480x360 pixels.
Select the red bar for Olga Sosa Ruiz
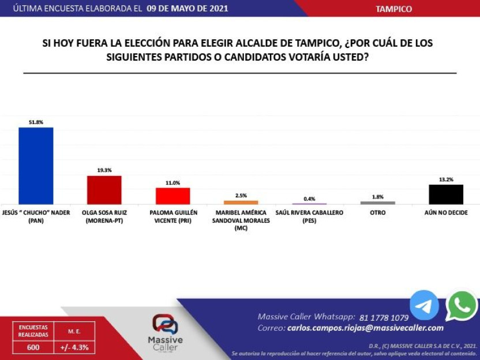click(104, 190)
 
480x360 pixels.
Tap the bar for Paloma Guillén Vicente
click(172, 196)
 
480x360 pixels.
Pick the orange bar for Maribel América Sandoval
click(241, 202)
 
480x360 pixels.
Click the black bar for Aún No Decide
click(446, 194)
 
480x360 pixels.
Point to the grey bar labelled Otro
click(377, 202)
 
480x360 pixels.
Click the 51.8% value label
click(36, 122)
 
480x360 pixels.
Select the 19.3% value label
click(104, 171)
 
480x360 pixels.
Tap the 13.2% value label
click(446, 179)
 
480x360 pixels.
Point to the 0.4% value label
click(309, 198)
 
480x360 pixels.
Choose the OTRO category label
click(377, 213)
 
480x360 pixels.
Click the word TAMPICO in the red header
click(393, 9)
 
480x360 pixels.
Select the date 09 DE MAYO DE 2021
click(187, 9)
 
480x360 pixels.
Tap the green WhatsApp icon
click(462, 305)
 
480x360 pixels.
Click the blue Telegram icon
click(424, 305)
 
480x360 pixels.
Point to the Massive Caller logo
click(165, 333)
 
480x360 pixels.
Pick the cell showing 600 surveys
click(33, 348)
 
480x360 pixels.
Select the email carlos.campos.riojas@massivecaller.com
click(365, 328)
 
